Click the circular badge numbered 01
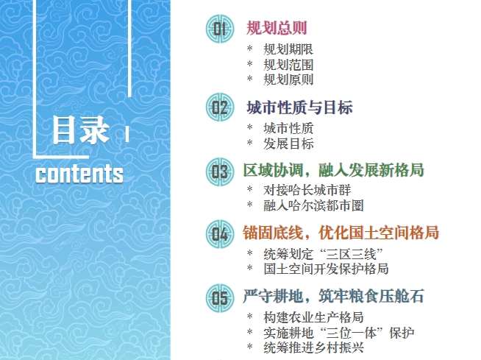point(220,29)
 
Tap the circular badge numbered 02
point(220,107)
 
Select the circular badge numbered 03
point(220,172)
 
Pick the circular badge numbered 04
point(220,234)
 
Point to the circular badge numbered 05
point(220,298)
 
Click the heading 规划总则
point(277,28)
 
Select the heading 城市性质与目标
point(299,107)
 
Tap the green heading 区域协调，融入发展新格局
point(333,170)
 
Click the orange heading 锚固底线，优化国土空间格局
point(341,233)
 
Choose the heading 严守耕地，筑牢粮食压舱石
point(333,296)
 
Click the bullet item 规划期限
point(288,49)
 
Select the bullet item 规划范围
point(288,65)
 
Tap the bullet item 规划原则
point(288,80)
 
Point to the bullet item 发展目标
point(288,144)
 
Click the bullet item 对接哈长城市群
point(307,190)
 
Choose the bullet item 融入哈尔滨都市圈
point(313,205)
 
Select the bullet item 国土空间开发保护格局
point(326,269)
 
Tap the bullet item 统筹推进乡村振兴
point(313,347)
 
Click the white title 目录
point(81,130)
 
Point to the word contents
point(79,174)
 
